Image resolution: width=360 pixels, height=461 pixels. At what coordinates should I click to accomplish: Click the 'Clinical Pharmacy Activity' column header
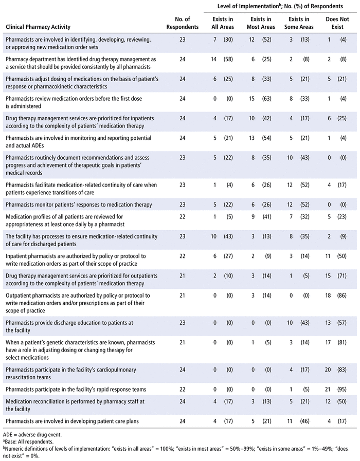[38, 27]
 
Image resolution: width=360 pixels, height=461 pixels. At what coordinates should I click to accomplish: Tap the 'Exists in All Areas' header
[223, 23]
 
